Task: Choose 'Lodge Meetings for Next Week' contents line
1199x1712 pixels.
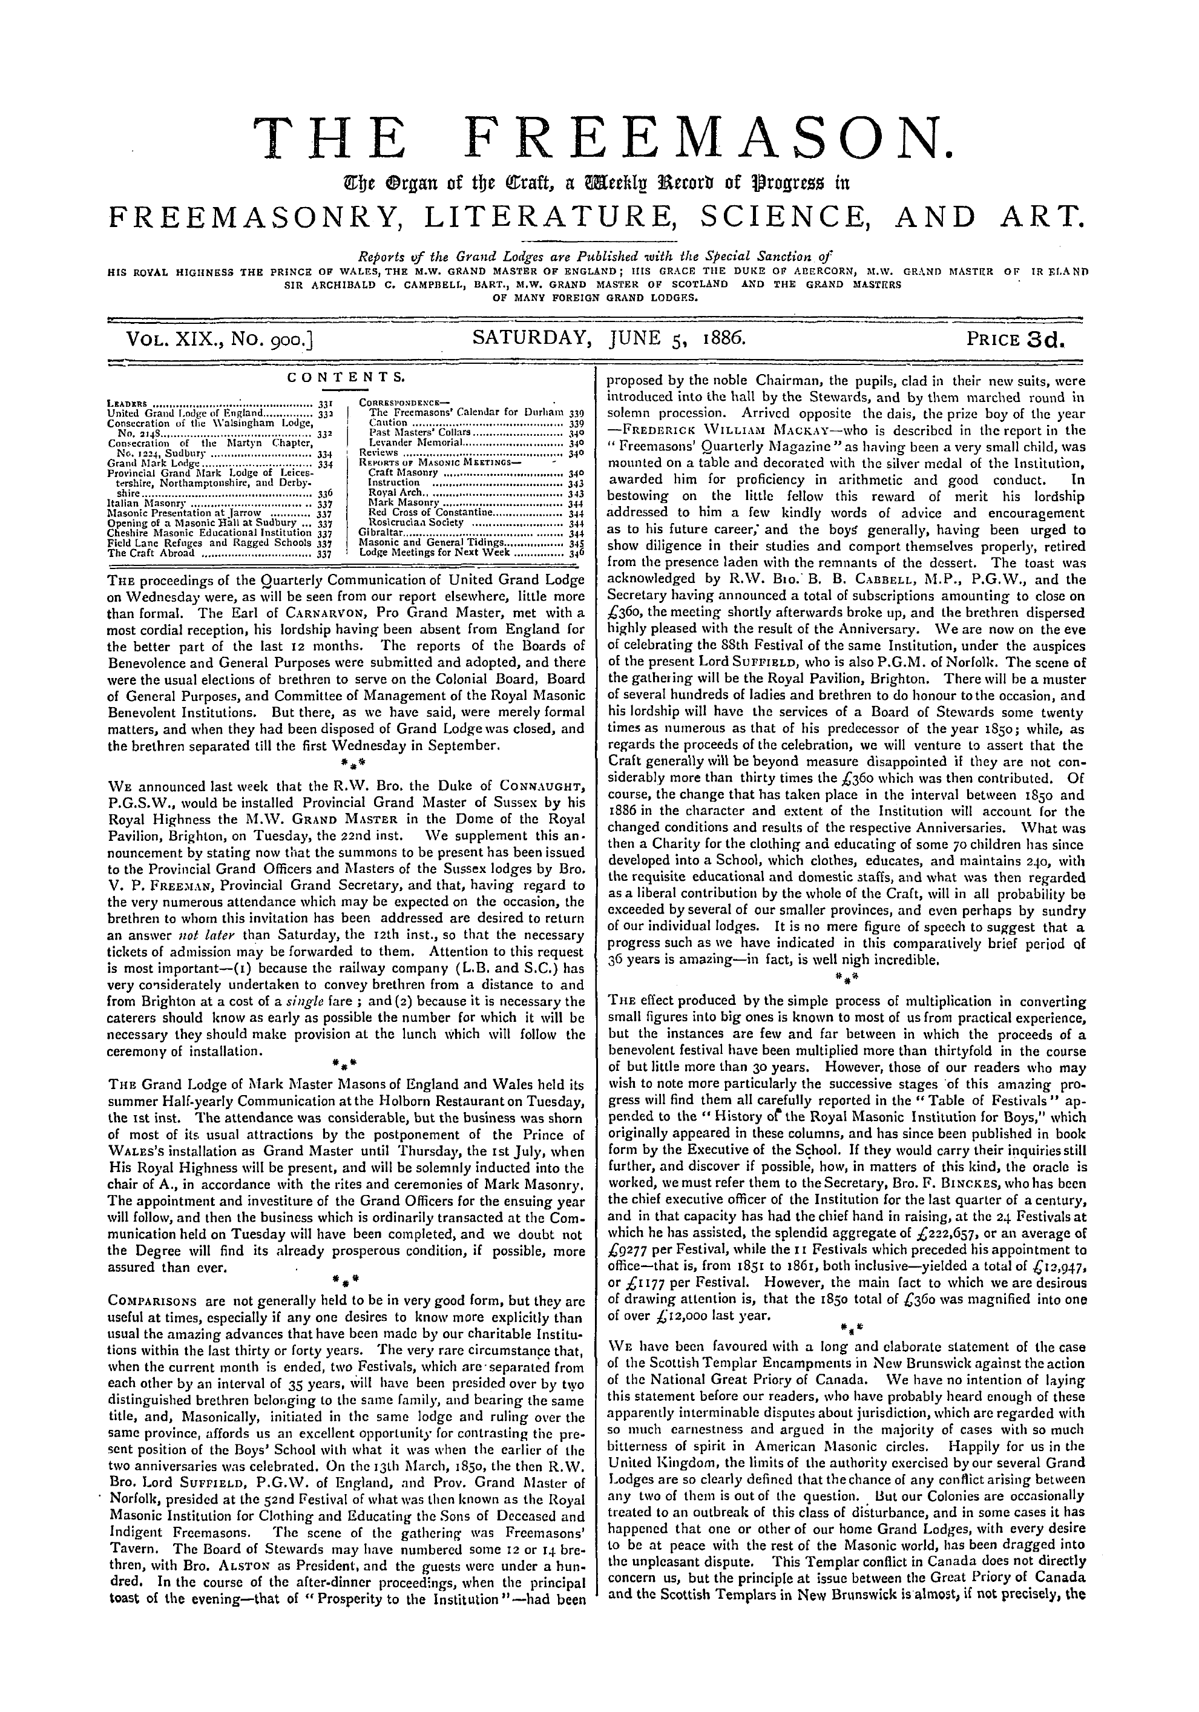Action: pyautogui.click(x=434, y=553)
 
